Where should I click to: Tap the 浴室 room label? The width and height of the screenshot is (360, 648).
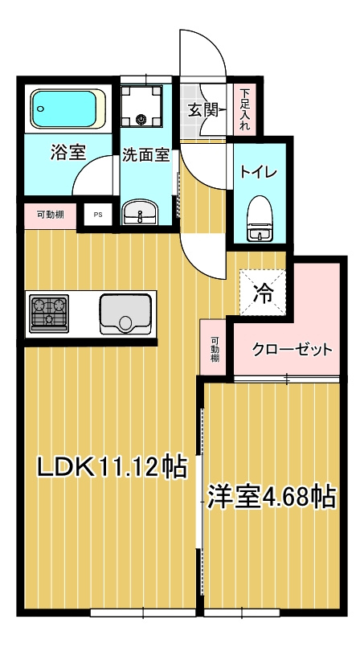[x=68, y=153]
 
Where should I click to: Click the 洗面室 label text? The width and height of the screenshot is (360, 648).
[x=145, y=156]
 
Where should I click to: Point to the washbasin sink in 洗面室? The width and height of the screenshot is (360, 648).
[x=141, y=214]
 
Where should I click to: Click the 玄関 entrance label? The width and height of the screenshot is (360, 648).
[x=203, y=110]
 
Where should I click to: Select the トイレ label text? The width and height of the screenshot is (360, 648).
[x=258, y=172]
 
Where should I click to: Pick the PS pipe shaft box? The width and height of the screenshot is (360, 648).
[x=98, y=215]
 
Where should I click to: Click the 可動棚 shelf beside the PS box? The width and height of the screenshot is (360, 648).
[x=50, y=215]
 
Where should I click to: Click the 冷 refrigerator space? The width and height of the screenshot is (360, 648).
[x=262, y=293]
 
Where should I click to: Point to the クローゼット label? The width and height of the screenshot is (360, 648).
[x=292, y=350]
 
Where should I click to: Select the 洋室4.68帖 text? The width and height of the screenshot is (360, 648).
[x=271, y=496]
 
